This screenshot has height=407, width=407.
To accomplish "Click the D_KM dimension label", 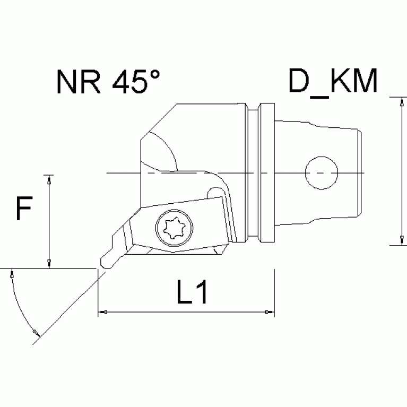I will tap(333, 83).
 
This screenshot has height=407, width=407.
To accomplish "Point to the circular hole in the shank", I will tap(322, 173).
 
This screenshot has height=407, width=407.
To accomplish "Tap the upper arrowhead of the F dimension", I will tap(49, 180).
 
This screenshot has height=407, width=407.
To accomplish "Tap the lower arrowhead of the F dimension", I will tap(49, 263).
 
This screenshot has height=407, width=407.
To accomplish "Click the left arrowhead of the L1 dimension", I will tap(104, 312).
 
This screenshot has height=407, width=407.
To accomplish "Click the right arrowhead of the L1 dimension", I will tap(269, 312).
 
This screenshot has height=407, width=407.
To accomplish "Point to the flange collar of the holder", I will tap(266, 172).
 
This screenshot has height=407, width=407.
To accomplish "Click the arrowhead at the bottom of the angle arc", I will tap(36, 332).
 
